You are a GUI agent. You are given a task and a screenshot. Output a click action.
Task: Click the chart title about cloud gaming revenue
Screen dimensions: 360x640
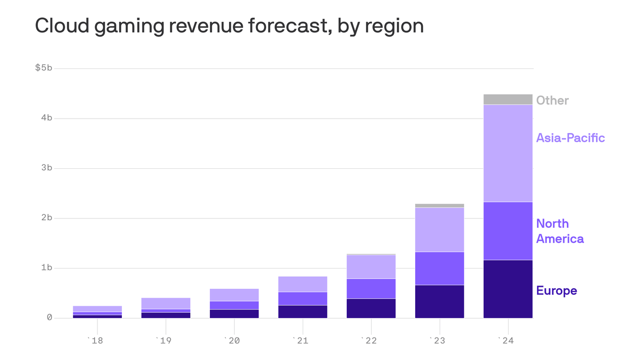point(229,26)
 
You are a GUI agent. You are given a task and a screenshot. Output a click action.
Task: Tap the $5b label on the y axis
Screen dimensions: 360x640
point(44,68)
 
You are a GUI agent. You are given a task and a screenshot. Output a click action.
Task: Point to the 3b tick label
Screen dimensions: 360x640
point(46,168)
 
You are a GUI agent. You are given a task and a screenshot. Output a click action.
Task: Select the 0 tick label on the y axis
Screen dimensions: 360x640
point(49,318)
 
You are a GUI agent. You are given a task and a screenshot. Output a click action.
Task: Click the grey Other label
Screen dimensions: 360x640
point(552,100)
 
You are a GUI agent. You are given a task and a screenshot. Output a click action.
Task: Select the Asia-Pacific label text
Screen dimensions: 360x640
point(570,138)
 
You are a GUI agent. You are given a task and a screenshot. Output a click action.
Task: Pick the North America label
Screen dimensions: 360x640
point(559,231)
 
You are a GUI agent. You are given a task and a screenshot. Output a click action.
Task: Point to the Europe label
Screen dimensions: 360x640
point(556,291)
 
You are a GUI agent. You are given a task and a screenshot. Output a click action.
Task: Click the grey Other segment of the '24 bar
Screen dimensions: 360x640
point(508,99)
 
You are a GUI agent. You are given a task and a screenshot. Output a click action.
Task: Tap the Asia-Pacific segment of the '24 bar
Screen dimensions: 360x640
point(508,153)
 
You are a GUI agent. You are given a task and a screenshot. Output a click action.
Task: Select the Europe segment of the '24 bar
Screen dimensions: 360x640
point(508,289)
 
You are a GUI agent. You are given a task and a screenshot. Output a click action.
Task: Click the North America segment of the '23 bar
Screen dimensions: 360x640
point(439,268)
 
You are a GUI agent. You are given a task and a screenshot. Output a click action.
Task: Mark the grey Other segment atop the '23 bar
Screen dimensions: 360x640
point(439,205)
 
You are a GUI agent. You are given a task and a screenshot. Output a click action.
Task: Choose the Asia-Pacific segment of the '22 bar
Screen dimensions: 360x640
point(371,267)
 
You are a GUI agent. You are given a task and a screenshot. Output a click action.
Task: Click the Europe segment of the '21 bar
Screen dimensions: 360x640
point(303,312)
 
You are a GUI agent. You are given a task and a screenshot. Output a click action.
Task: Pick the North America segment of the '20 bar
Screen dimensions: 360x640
point(234,305)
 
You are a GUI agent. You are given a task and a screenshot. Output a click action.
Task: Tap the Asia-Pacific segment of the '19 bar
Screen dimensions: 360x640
point(166,303)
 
